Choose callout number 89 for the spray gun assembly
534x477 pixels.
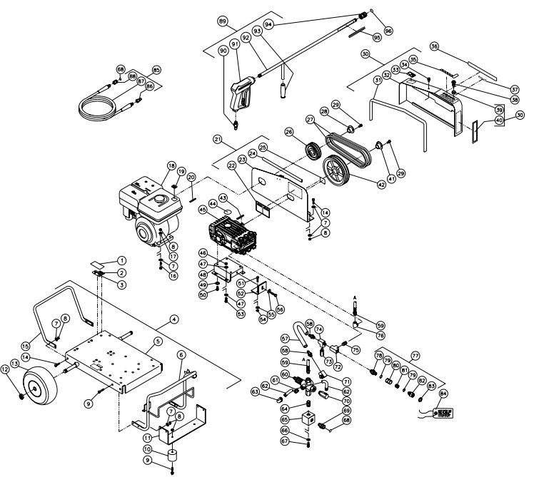click(x=223, y=22)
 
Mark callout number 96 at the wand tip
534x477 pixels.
click(x=388, y=31)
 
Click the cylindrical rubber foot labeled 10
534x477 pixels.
click(x=172, y=457)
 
